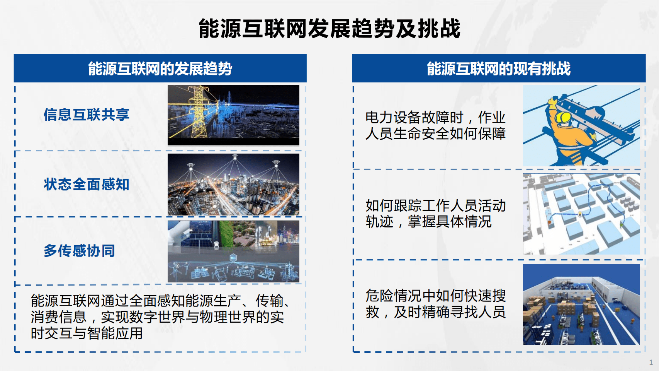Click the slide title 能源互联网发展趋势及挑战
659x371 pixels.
pos(329,29)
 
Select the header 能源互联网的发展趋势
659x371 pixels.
pos(160,69)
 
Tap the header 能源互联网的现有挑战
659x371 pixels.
pos(498,69)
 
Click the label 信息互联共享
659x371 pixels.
pos(86,115)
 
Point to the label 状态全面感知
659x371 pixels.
pos(86,184)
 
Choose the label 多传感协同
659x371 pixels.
pos(79,251)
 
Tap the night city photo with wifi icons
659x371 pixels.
pos(233,185)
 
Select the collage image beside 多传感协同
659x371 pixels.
pos(233,251)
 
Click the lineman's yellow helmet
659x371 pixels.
pos(564,117)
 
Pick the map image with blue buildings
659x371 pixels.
pos(581,214)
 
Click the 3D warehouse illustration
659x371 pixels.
pos(581,304)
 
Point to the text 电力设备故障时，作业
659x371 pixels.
pos(435,117)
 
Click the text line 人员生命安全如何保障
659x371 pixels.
pos(435,133)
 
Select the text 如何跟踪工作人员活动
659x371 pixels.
pos(435,205)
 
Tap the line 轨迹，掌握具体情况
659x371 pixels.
pos(428,222)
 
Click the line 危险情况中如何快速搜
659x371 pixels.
pos(435,296)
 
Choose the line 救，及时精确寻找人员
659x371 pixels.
pos(435,312)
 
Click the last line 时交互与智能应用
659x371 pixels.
pos(87,333)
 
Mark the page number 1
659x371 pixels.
pos(651,362)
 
